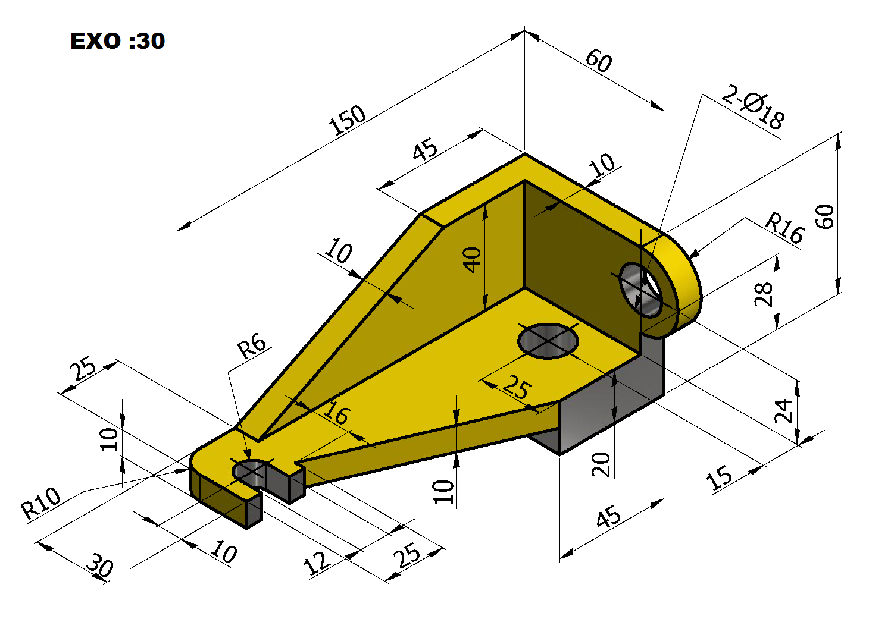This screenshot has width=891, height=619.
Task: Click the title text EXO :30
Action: (x=117, y=41)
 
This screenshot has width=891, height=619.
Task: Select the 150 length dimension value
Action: (x=347, y=120)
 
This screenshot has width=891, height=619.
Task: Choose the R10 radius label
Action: (x=40, y=503)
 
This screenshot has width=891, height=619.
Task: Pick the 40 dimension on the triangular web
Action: (x=473, y=260)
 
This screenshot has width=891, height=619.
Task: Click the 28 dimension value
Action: (x=763, y=294)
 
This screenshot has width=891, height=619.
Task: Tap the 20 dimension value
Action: (x=601, y=464)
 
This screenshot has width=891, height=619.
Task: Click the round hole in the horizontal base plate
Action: (x=548, y=341)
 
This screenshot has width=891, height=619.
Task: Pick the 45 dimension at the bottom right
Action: (x=608, y=516)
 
